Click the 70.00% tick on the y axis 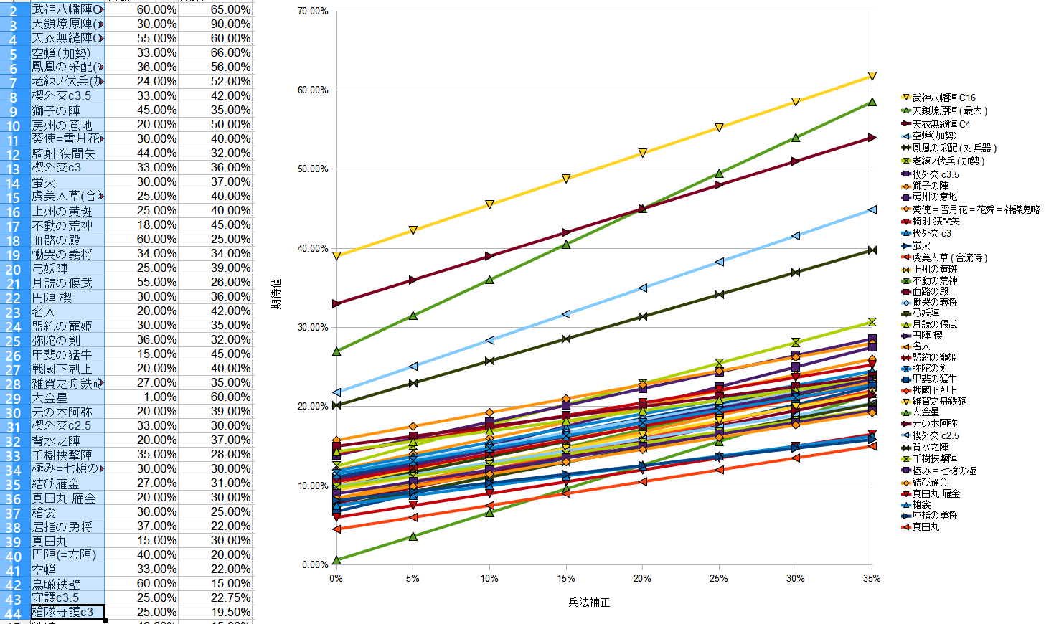[313, 11]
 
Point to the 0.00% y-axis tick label [315, 564]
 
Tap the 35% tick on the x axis [872, 578]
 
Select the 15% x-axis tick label [565, 578]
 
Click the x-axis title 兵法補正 [589, 602]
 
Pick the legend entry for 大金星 [926, 412]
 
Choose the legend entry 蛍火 [921, 245]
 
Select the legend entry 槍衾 [921, 505]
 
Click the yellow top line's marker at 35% [872, 76]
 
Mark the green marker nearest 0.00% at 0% [336, 559]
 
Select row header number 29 [13, 398]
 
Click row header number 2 [13, 11]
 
